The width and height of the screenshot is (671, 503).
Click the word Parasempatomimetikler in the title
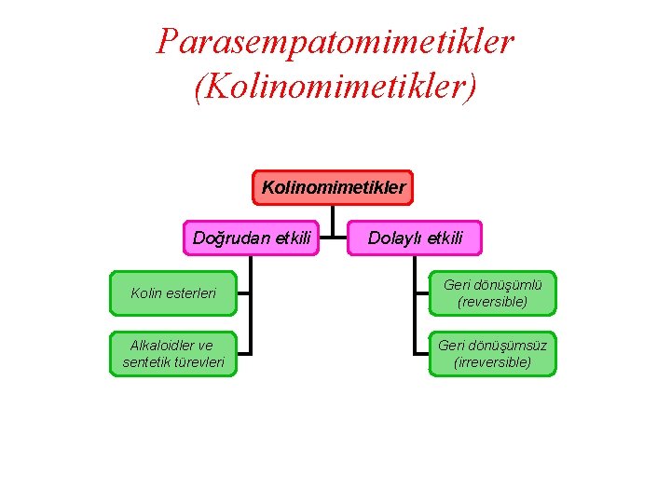(x=335, y=42)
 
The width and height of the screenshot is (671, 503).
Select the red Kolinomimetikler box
(x=334, y=187)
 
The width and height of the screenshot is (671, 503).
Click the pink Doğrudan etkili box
(x=252, y=238)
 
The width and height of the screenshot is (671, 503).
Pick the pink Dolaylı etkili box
(x=415, y=238)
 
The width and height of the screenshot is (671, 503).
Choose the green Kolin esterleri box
(x=173, y=293)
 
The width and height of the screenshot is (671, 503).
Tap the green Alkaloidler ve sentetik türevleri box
(x=173, y=354)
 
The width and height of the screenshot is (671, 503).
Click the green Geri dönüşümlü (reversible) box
(x=492, y=293)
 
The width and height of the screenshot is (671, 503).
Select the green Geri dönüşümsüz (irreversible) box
(x=492, y=354)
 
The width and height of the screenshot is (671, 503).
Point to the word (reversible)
(x=492, y=302)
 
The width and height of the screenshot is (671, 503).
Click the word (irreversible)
(x=492, y=362)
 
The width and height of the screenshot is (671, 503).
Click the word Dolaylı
(x=395, y=238)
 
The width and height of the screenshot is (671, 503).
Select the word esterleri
(x=191, y=293)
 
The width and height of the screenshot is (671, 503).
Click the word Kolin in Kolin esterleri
(x=146, y=293)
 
